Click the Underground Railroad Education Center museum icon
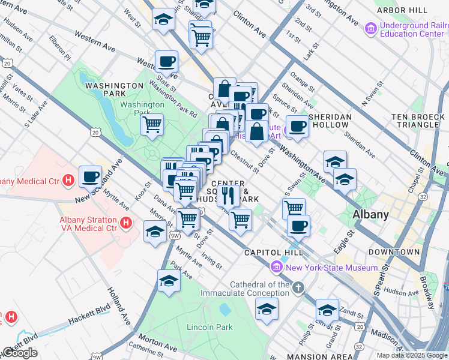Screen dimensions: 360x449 click(x=370, y=28)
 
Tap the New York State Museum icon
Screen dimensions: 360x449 click(x=277, y=267)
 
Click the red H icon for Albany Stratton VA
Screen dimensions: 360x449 click(x=126, y=224)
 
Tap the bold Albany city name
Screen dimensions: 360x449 click(x=370, y=214)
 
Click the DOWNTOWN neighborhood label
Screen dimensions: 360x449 click(x=394, y=252)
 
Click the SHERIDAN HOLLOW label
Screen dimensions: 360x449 click(x=329, y=121)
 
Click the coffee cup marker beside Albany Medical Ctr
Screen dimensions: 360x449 click(x=90, y=177)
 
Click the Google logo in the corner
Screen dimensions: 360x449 click(x=20, y=353)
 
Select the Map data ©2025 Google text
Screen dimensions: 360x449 click(x=411, y=355)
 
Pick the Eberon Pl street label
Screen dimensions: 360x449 click(x=60, y=50)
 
